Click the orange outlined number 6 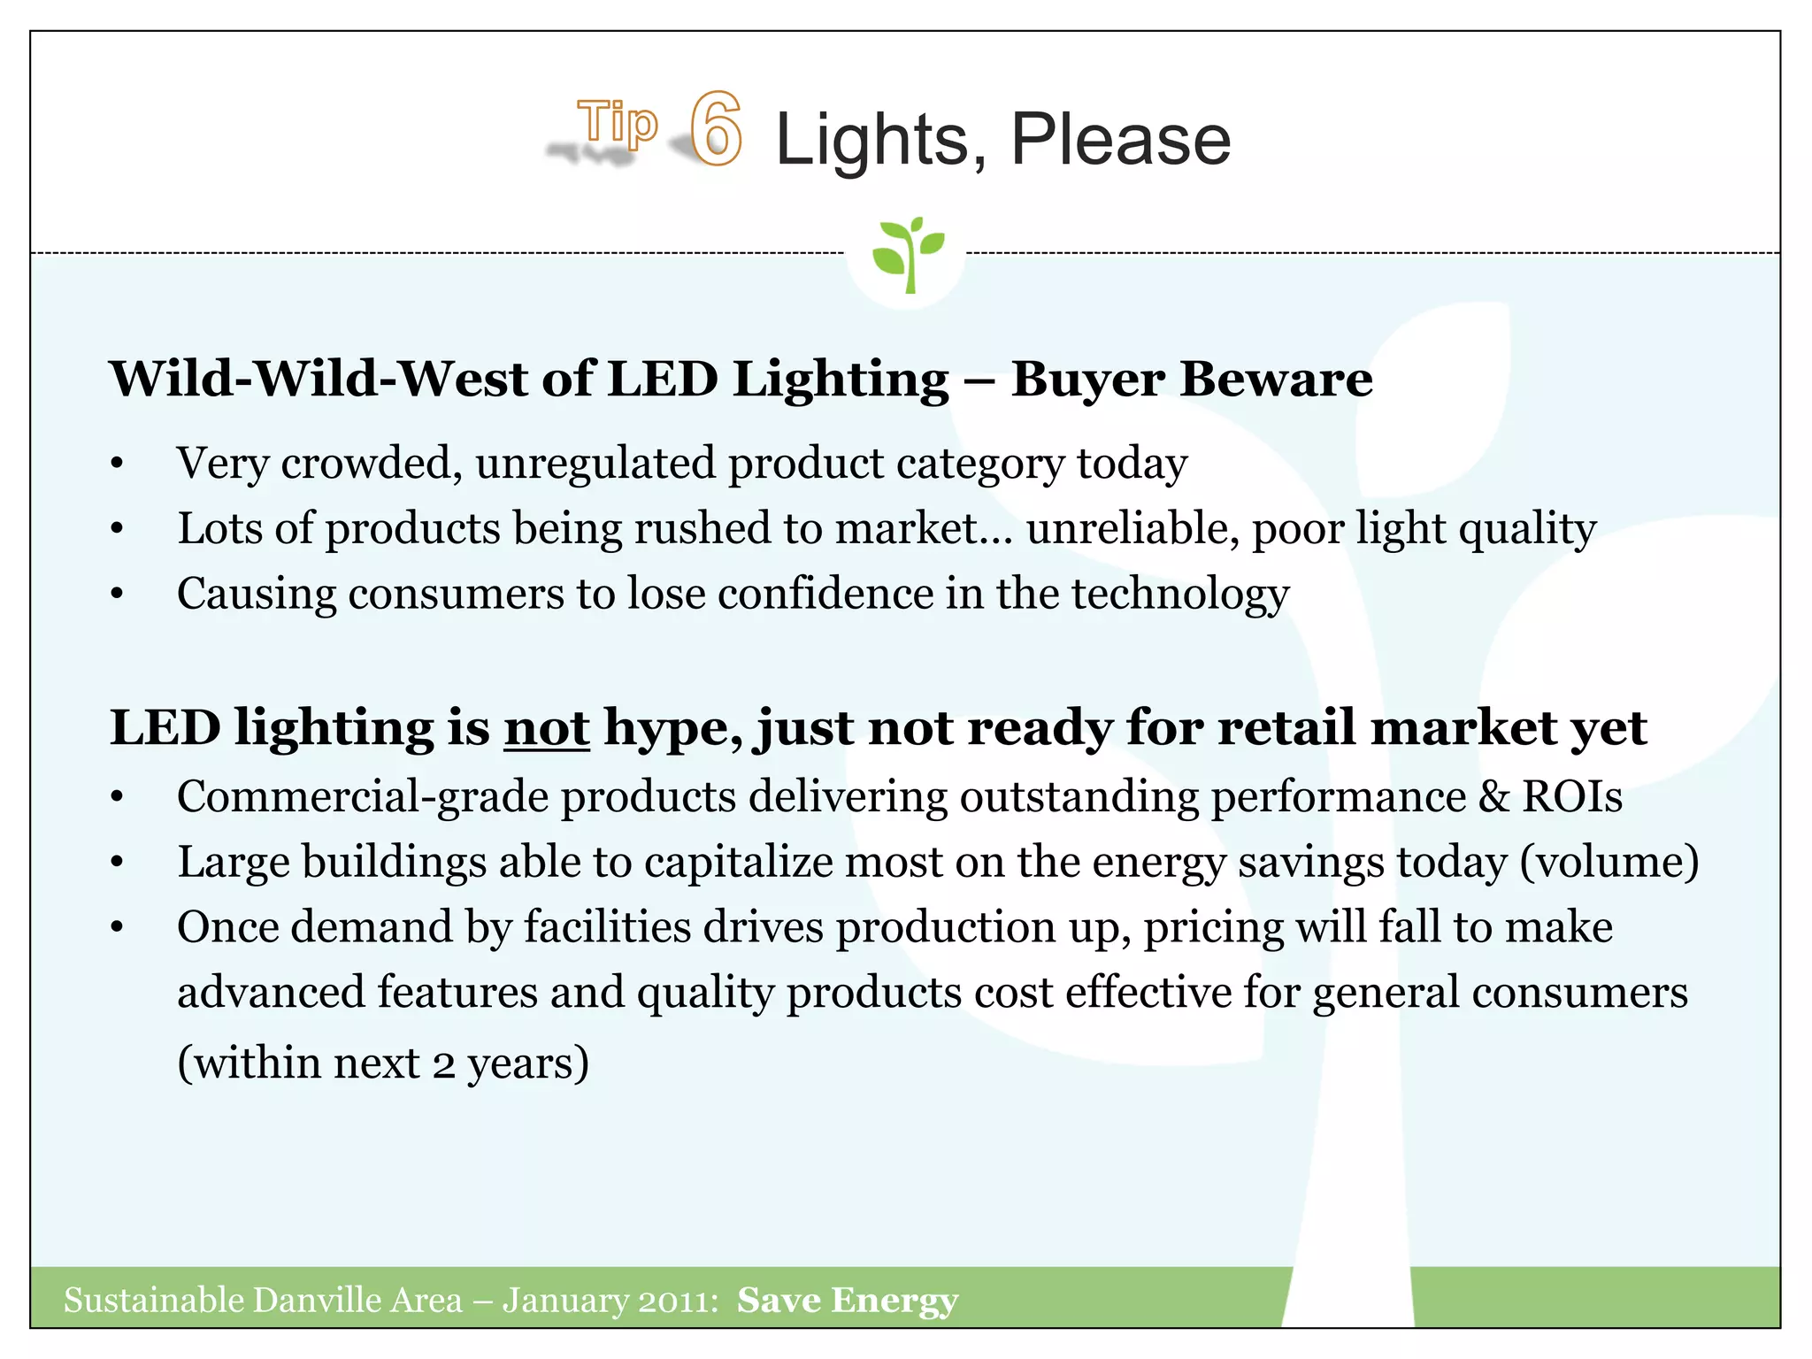716,129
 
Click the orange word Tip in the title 618,122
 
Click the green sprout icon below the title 907,253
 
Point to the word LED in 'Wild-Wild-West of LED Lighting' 663,379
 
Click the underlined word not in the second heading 546,728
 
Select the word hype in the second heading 672,730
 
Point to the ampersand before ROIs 1494,796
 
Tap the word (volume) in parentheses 1609,863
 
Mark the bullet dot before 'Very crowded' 117,465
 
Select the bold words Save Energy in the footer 848,1301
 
